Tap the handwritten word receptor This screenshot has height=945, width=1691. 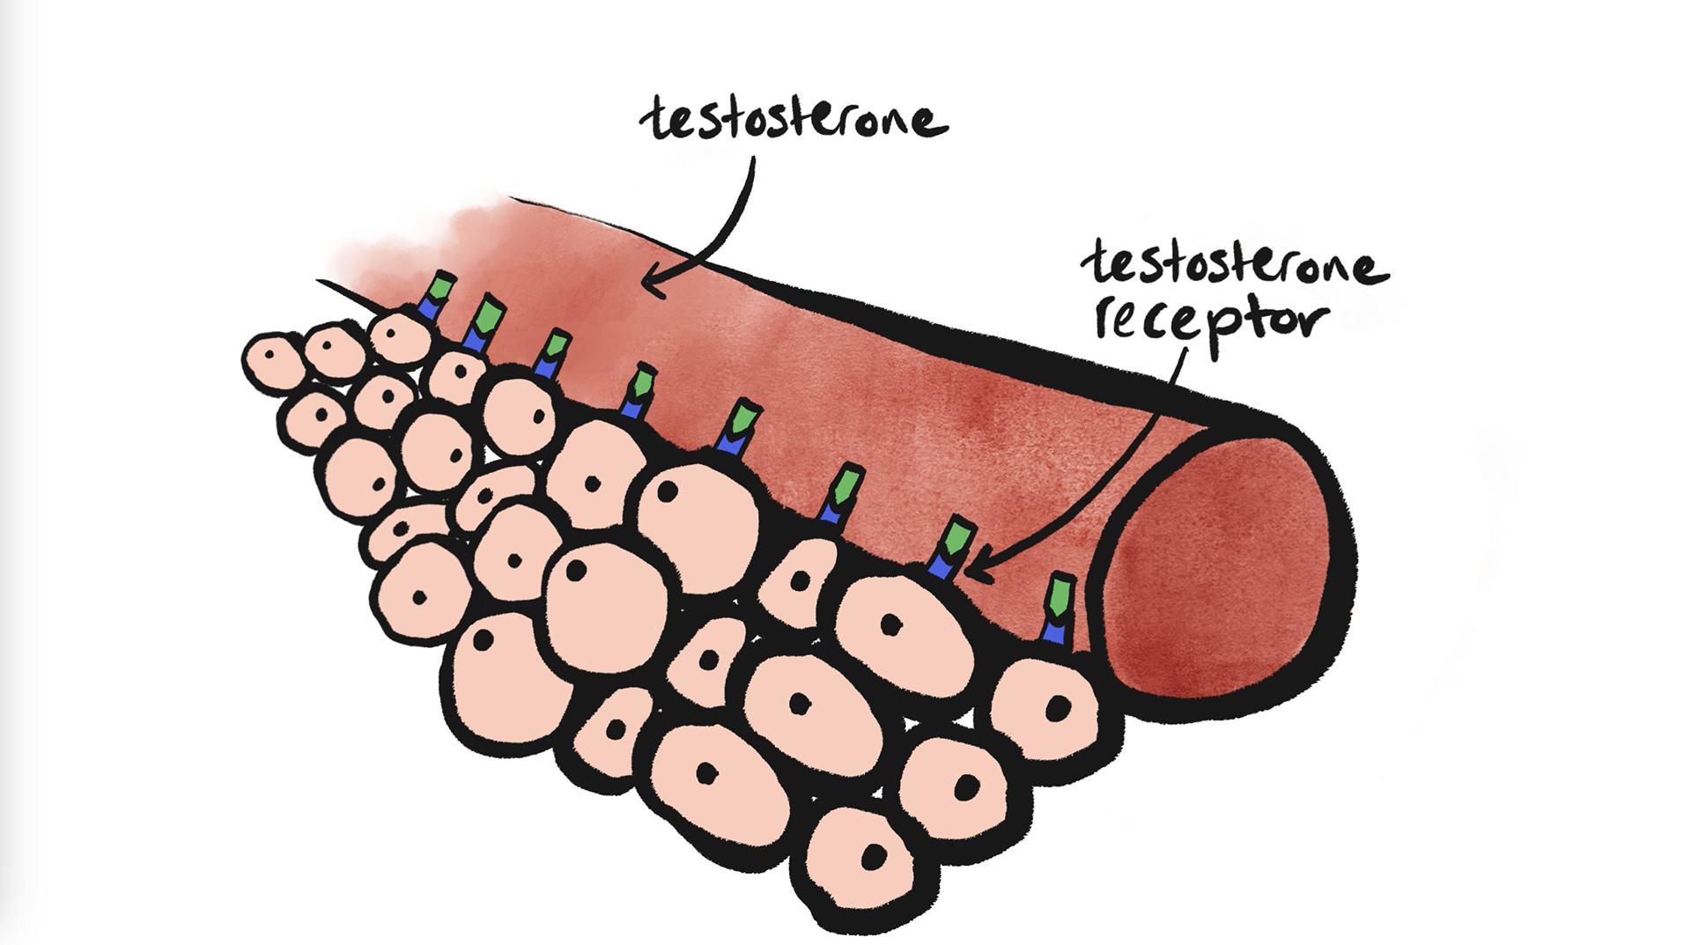coord(1211,321)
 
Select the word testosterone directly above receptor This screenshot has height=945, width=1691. coord(1233,264)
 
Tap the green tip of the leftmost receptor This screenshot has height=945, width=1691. coord(439,287)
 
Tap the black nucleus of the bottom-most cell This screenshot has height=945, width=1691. coord(874,856)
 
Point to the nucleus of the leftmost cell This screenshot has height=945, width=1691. coord(272,357)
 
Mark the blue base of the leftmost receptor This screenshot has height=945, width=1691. coord(429,307)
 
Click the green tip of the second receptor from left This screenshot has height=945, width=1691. coord(486,314)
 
